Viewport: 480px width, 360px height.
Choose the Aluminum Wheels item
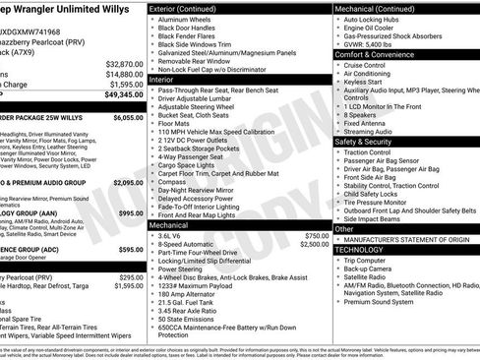click(184, 19)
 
